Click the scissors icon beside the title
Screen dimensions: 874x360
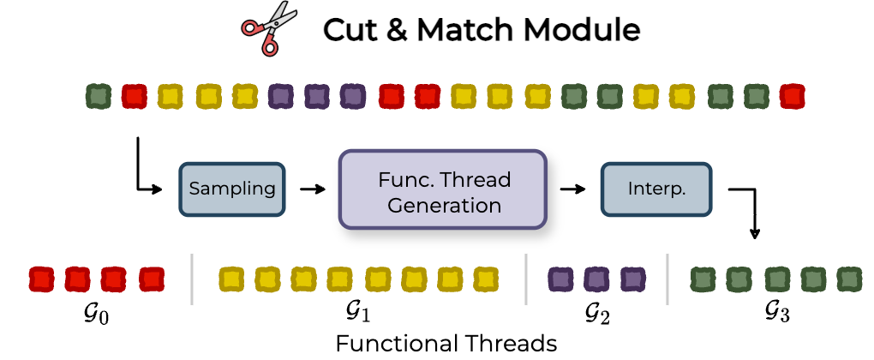click(269, 28)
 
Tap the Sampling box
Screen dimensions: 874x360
click(232, 189)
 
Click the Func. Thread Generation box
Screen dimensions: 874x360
click(443, 189)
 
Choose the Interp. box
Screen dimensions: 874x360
click(656, 189)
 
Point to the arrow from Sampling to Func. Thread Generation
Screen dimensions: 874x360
click(312, 189)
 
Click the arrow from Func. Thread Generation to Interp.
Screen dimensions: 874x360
click(573, 189)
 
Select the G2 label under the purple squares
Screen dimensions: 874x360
click(597, 315)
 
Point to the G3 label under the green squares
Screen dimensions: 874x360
click(777, 313)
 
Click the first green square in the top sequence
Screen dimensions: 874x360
click(98, 96)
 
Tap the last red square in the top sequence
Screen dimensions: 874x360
click(792, 96)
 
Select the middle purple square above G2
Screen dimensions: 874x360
click(597, 279)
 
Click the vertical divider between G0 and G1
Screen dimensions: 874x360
click(192, 279)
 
